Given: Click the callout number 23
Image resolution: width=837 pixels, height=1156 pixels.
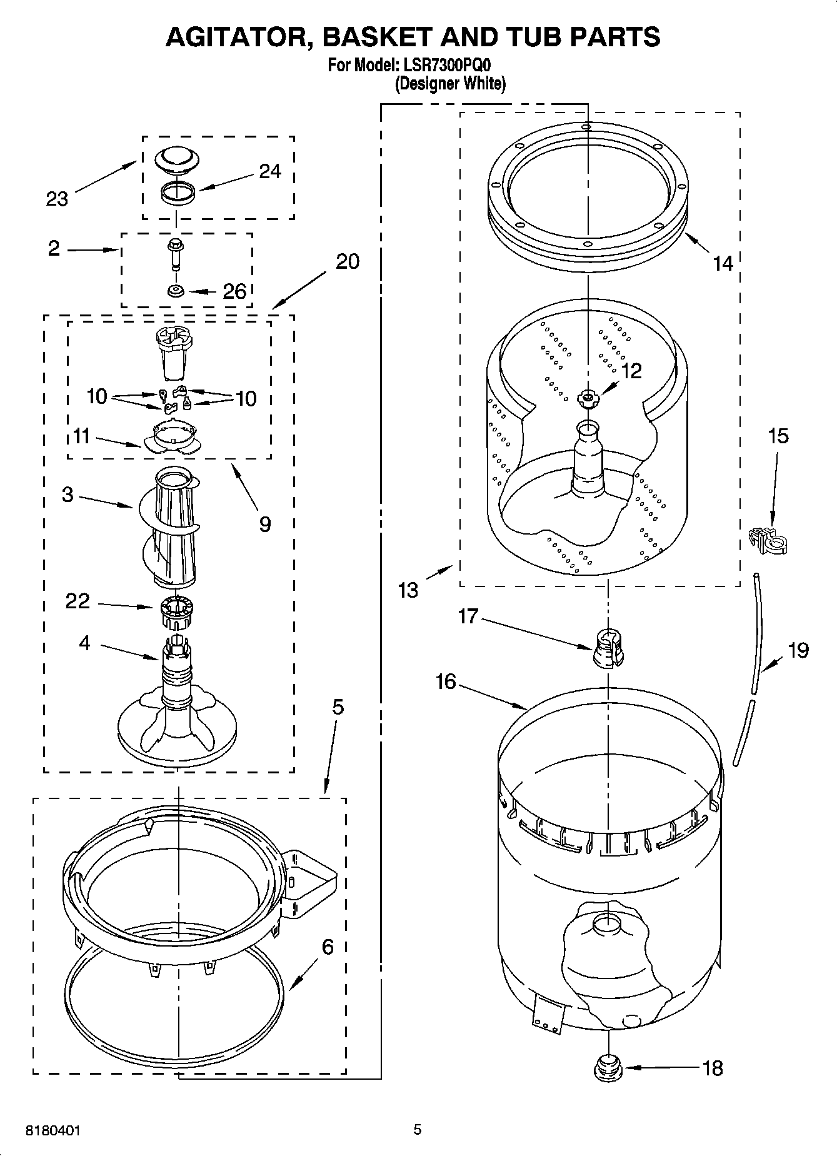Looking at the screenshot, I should (x=57, y=199).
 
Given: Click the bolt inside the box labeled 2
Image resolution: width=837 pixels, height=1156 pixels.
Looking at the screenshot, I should (x=175, y=253).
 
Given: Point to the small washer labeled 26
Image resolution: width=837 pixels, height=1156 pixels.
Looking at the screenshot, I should (x=176, y=291).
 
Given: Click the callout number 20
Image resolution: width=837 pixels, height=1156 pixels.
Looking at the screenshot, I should (x=347, y=261).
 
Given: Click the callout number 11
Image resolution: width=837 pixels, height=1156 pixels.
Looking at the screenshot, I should (x=81, y=436).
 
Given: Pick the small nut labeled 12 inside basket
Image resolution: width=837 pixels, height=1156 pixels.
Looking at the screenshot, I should (x=588, y=397).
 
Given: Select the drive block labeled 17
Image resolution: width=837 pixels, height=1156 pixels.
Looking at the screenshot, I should (x=608, y=649).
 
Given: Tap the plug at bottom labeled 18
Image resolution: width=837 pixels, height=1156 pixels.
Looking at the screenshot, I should (x=608, y=1067).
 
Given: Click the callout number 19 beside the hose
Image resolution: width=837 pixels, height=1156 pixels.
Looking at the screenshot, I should (x=798, y=650).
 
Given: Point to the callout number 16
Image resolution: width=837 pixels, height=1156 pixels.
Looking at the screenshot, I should (x=446, y=681).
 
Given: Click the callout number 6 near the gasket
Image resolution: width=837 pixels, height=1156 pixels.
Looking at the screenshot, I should (x=328, y=947).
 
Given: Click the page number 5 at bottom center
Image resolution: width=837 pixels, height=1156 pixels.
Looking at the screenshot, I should (x=418, y=1129).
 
